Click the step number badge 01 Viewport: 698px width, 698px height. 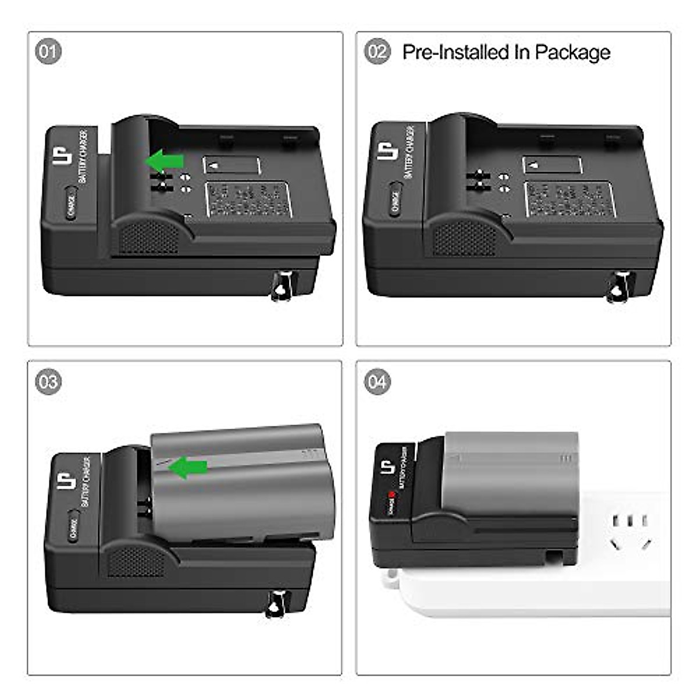point(48,52)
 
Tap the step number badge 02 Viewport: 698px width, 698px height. point(378,52)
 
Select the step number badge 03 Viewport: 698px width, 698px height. point(48,382)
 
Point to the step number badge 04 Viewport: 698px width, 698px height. point(378,382)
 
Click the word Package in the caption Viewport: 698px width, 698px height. point(572,52)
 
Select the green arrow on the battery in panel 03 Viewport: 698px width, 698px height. point(191,466)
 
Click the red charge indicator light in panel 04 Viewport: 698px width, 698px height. point(394,496)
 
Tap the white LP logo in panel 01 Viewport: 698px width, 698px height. point(63,153)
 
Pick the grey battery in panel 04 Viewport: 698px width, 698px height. point(509,471)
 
